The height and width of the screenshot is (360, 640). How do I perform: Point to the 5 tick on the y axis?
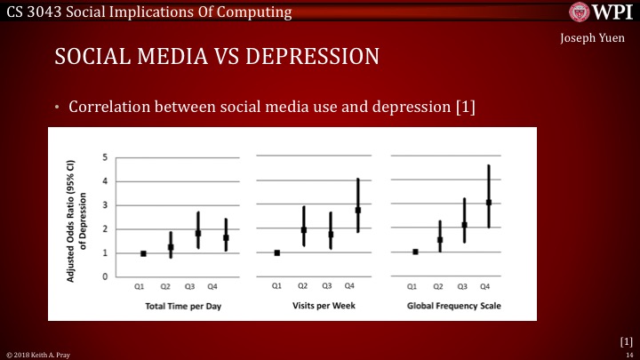pyautogui.click(x=106, y=158)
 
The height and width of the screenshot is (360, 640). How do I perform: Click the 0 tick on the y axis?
pyautogui.click(x=106, y=277)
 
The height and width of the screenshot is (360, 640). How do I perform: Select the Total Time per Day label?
pyautogui.click(x=177, y=306)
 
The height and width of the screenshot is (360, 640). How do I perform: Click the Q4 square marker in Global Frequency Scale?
pyautogui.click(x=488, y=203)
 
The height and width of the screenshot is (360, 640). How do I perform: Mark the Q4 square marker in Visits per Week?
pyautogui.click(x=357, y=211)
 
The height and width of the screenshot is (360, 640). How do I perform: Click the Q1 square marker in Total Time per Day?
pyautogui.click(x=143, y=253)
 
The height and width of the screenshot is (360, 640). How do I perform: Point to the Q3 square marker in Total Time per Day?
pyautogui.click(x=199, y=234)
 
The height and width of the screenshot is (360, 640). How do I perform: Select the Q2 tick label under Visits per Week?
pyautogui.click(x=302, y=287)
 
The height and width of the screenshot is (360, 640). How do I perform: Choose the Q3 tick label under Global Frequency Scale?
pyautogui.click(x=463, y=287)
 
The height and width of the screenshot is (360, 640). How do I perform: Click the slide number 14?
pyautogui.click(x=628, y=354)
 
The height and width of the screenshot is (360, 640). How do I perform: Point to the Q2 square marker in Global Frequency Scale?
pyautogui.click(x=439, y=240)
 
